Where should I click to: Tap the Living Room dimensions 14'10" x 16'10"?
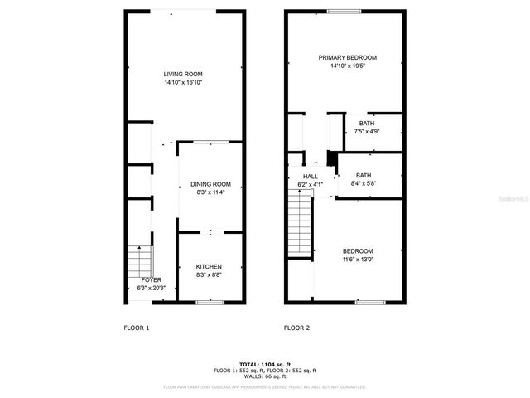182,83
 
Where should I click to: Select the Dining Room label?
210,184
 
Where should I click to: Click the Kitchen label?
209,266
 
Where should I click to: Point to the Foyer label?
151,280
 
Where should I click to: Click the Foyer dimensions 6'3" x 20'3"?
151,289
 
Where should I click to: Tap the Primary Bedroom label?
348,57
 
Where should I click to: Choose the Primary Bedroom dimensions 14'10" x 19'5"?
348,66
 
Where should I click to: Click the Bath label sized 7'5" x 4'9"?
366,124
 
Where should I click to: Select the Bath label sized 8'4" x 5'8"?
363,175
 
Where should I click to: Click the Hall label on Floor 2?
310,177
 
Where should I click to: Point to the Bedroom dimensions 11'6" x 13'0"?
358,260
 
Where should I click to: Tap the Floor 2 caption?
296,328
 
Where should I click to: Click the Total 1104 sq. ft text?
264,364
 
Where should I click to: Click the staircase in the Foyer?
138,265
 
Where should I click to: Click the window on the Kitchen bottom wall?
210,303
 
